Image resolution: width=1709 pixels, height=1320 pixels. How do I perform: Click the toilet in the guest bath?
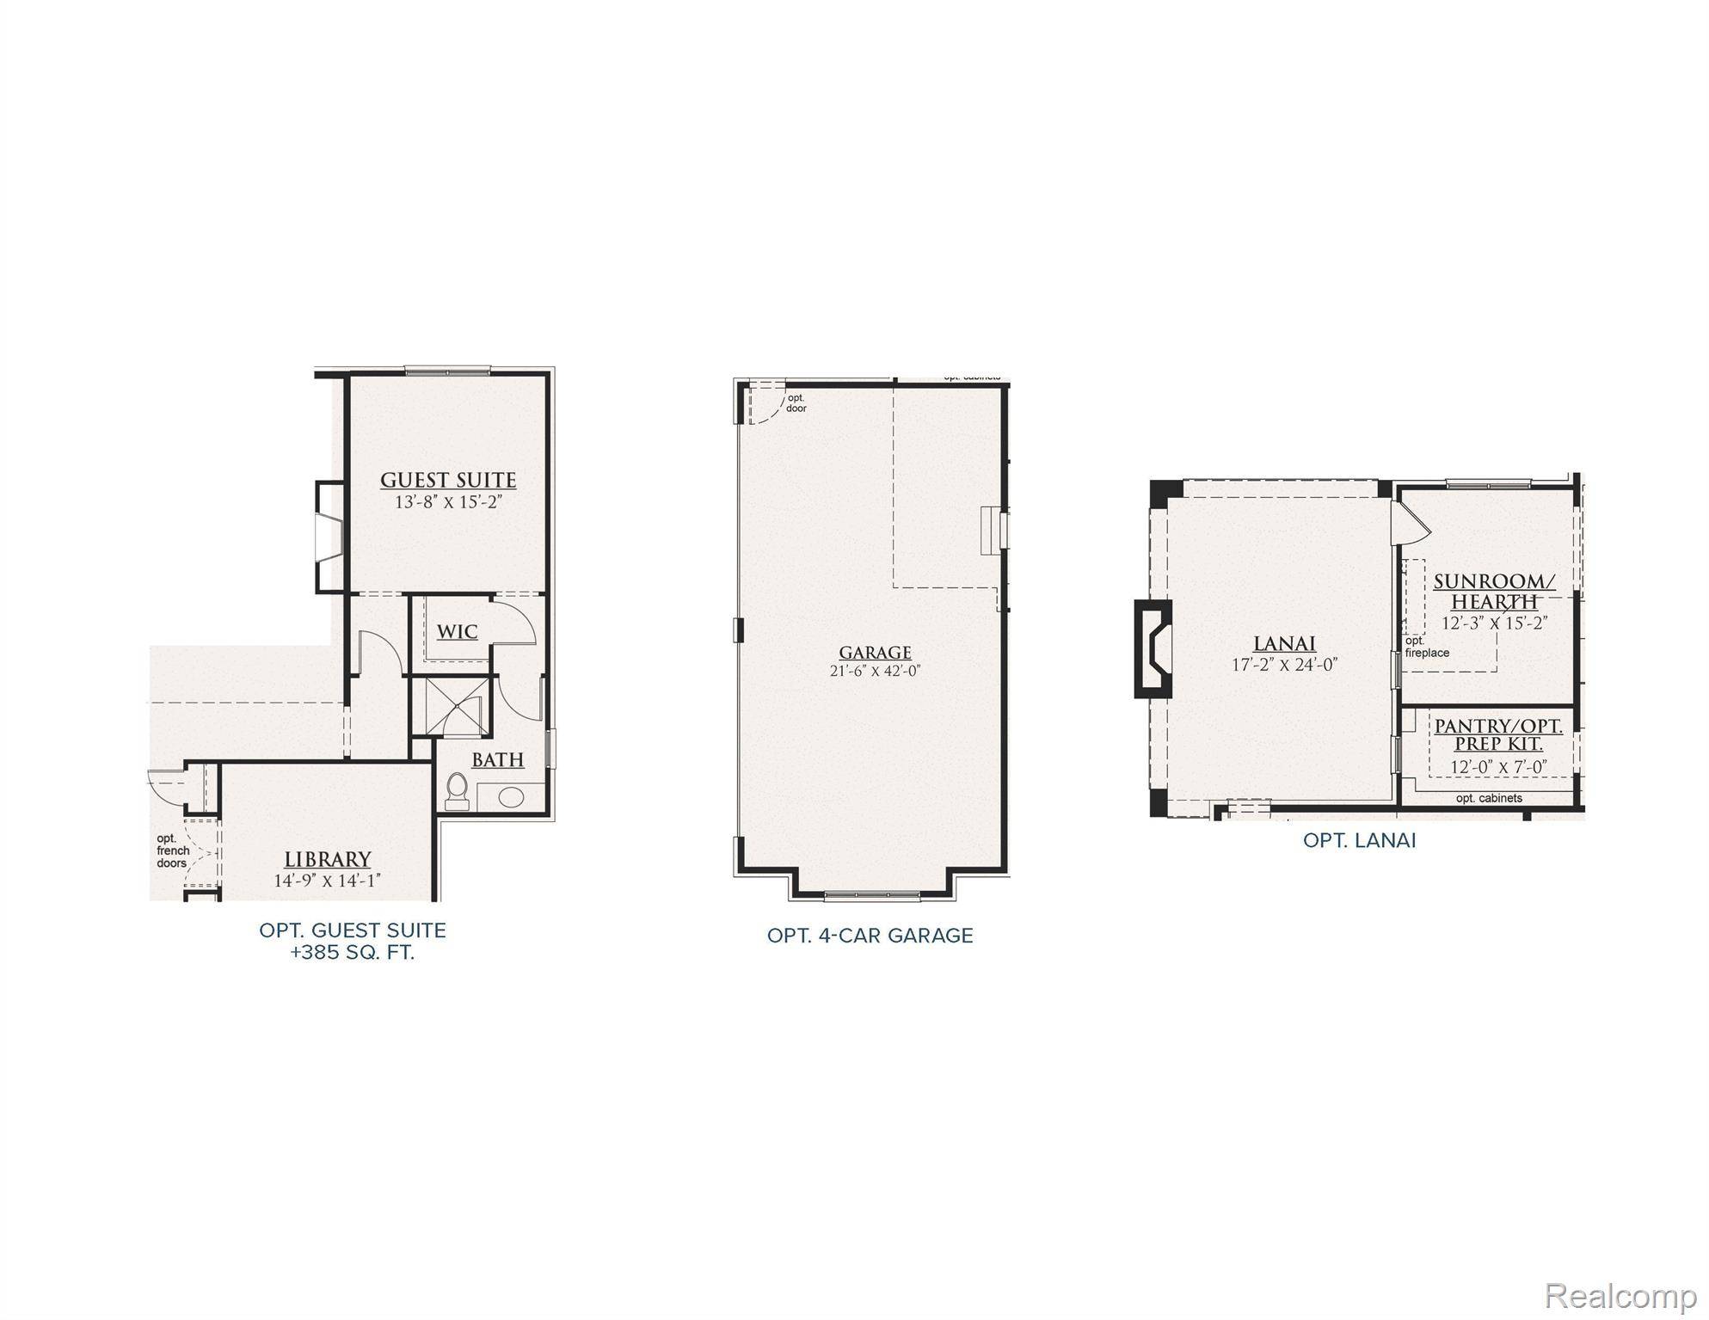coord(457,790)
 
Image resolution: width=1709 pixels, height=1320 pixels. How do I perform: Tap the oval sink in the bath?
coord(511,796)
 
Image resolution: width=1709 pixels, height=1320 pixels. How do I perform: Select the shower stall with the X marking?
coord(449,706)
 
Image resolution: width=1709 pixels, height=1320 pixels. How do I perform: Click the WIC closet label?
coord(457,632)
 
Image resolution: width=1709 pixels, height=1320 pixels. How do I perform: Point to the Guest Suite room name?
coord(448,480)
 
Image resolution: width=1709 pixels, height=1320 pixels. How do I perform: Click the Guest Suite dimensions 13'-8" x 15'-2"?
coord(448,502)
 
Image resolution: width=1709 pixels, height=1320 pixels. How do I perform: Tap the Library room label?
coord(328,859)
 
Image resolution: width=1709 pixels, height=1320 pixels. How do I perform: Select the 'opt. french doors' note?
coord(172,850)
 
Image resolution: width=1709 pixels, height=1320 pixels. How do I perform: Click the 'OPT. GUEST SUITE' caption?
coord(353,930)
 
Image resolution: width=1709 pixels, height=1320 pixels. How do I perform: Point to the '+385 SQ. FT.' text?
coord(353,953)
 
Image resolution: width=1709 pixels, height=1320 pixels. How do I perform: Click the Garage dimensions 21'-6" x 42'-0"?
coord(875,671)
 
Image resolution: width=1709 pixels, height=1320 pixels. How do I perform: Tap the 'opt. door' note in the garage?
coord(796,402)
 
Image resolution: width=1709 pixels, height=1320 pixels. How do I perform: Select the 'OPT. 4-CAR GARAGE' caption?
coord(870,936)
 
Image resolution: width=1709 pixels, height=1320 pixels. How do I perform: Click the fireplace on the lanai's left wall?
coord(1153,648)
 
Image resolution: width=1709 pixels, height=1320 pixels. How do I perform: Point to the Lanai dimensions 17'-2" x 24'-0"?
coord(1284,665)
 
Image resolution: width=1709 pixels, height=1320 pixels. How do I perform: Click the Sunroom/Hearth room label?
coord(1494,592)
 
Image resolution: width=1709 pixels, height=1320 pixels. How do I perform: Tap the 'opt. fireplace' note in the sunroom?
coord(1427,647)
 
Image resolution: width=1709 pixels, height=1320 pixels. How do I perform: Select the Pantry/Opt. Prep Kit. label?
coord(1498,735)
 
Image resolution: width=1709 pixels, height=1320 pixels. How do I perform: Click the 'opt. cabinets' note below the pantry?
coord(1489,798)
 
